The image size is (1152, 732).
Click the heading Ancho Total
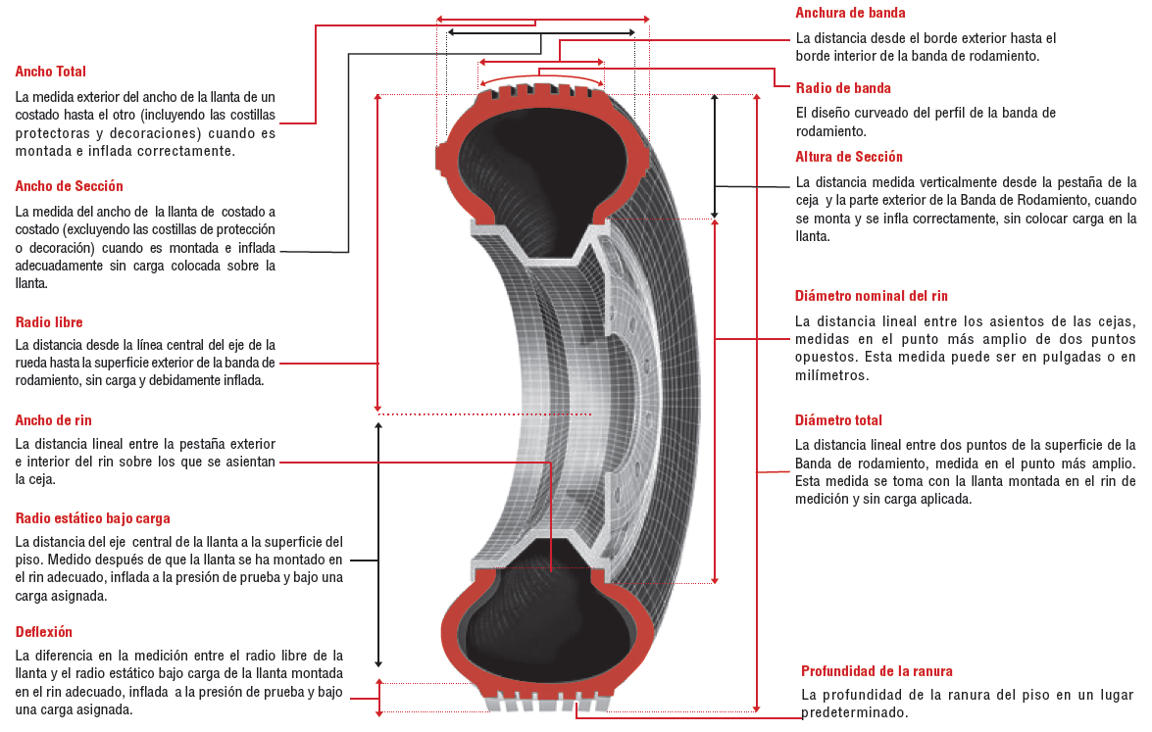coord(51,72)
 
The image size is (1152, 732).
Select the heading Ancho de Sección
coord(69,186)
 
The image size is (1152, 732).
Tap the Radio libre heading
coord(49,322)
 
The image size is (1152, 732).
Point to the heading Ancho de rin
coord(54,420)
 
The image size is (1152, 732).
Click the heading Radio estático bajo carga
coord(92,518)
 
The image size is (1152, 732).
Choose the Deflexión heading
coord(44,631)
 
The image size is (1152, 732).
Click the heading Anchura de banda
coord(850,13)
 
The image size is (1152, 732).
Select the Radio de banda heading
coord(843,88)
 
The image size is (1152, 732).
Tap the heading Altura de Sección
coord(849,157)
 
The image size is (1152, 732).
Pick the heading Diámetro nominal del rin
coord(872,296)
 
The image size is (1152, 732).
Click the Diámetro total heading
coord(838,420)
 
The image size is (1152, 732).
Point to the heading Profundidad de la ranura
coord(877,671)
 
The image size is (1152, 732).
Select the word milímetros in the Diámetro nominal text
coord(831,375)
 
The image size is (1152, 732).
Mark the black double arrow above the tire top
coord(541,32)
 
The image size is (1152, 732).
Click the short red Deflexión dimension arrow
coord(379,698)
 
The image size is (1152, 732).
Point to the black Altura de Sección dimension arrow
coord(714,156)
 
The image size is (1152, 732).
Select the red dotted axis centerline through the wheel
coord(485,415)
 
